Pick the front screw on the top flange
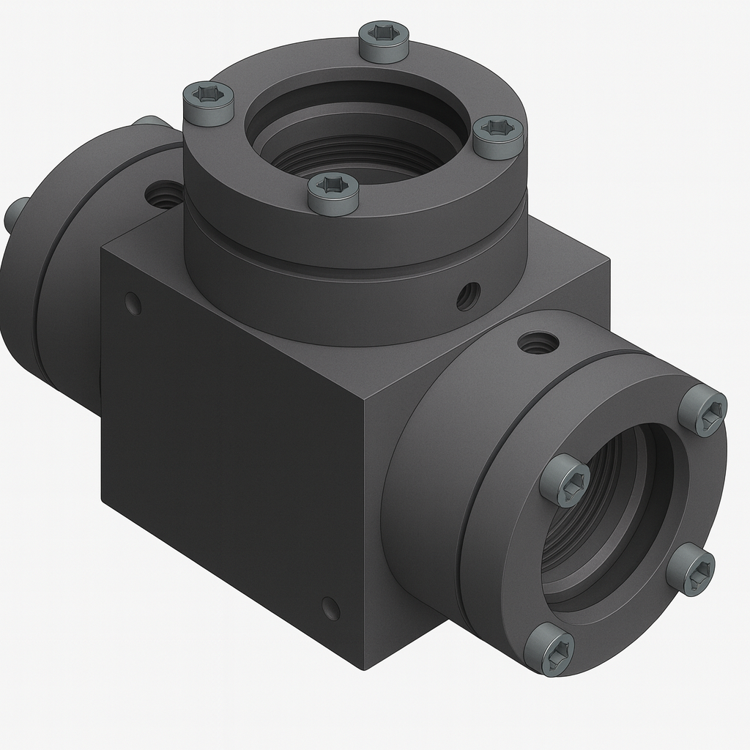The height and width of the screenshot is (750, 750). tap(333, 192)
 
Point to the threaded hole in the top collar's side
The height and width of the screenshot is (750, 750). tap(468, 295)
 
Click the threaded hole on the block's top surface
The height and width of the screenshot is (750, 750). tap(164, 194)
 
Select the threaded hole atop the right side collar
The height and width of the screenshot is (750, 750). tap(538, 341)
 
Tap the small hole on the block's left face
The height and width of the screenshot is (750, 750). tap(133, 303)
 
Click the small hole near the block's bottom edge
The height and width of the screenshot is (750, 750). tap(330, 608)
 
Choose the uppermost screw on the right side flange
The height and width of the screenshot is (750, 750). tap(702, 410)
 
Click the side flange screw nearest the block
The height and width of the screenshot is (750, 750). tap(565, 480)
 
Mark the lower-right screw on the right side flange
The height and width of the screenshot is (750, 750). tap(691, 568)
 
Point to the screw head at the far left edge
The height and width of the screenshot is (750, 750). tap(16, 212)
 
